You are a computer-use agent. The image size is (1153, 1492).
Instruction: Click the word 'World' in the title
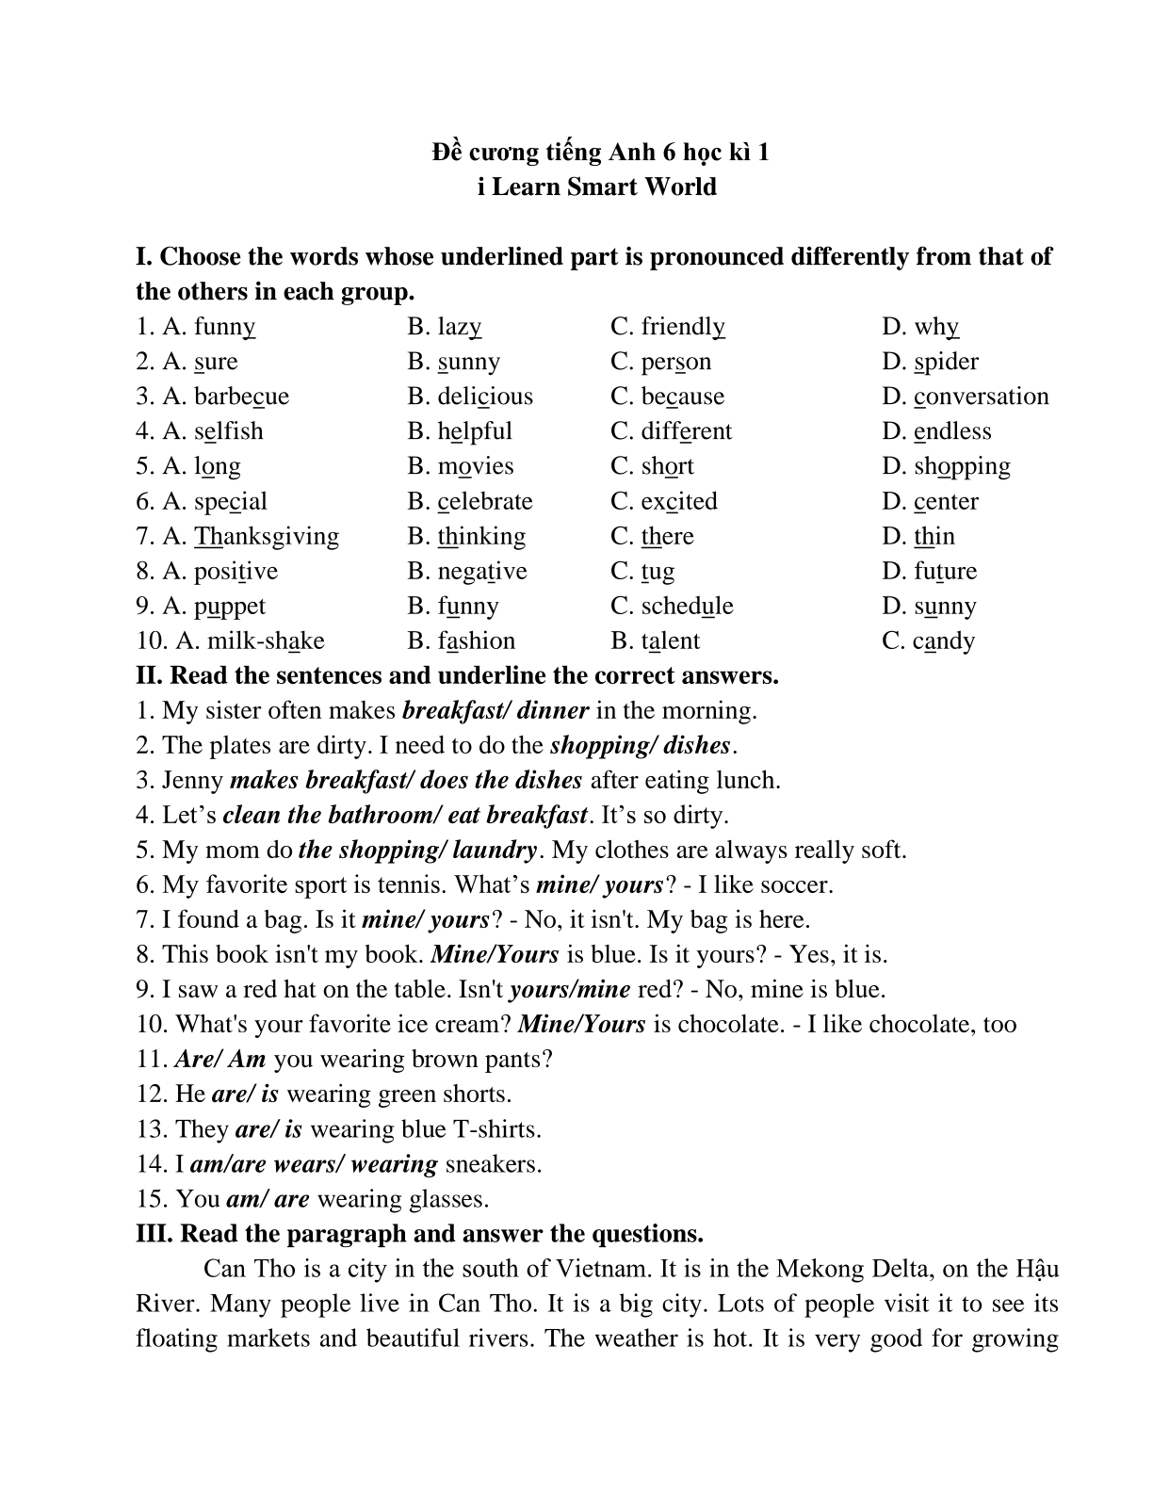pos(680,186)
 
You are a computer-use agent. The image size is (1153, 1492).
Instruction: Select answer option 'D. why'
pos(920,327)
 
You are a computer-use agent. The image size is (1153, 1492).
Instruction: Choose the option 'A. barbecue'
pos(212,397)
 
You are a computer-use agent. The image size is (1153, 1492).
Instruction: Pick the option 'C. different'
pos(671,431)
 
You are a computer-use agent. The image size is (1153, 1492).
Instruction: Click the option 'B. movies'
pos(461,466)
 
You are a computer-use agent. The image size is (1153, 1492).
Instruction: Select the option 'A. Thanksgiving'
pos(237,536)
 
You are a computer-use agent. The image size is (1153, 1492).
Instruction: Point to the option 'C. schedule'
pos(672,606)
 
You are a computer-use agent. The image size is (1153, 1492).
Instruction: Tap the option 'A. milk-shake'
pos(231,641)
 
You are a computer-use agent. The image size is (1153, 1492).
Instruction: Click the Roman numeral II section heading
pos(457,675)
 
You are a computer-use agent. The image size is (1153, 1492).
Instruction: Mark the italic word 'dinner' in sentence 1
pos(553,710)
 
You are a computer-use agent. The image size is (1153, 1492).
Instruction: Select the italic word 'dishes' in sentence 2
pos(697,745)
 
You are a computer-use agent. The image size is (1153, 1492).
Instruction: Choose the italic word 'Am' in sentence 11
pos(247,1059)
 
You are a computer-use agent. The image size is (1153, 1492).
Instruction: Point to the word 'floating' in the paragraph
pos(177,1338)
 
